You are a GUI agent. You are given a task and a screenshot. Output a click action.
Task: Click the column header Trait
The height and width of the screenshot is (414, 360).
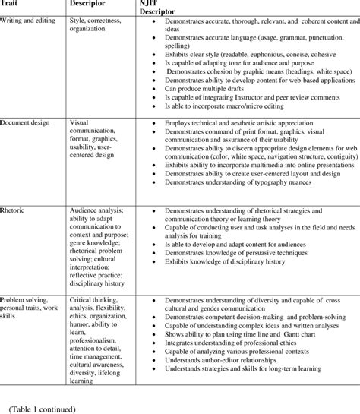(x=10, y=4)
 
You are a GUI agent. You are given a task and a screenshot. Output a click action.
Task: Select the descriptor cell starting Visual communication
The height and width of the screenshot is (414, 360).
(x=96, y=141)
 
